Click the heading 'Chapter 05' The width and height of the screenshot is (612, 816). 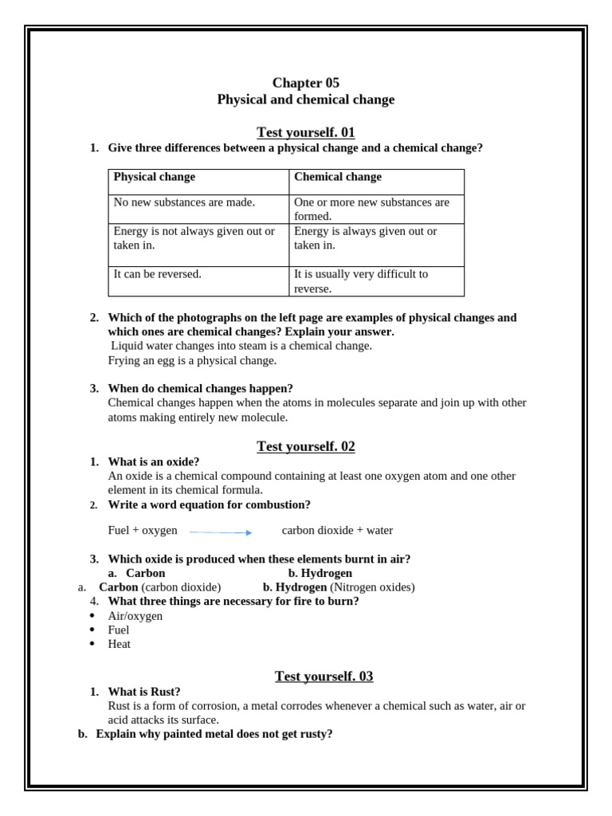pyautogui.click(x=305, y=83)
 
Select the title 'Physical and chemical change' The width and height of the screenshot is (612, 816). pyautogui.click(x=305, y=100)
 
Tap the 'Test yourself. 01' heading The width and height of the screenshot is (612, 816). pyautogui.click(x=305, y=132)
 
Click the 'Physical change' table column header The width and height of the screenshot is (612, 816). pyautogui.click(x=154, y=177)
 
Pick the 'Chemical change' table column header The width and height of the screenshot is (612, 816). pyautogui.click(x=338, y=177)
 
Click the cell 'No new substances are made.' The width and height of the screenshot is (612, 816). pyautogui.click(x=184, y=202)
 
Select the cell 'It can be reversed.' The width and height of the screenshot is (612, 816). pyautogui.click(x=158, y=274)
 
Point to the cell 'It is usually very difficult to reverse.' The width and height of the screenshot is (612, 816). pyautogui.click(x=361, y=281)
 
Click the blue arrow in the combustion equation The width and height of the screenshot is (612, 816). pyautogui.click(x=221, y=532)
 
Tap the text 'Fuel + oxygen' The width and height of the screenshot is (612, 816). pyautogui.click(x=143, y=531)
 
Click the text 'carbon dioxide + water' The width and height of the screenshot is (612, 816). pyautogui.click(x=337, y=531)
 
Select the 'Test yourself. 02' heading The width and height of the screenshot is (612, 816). pyautogui.click(x=305, y=446)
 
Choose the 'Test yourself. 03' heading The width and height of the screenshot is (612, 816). pyautogui.click(x=324, y=677)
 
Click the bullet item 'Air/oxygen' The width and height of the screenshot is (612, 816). pyautogui.click(x=135, y=616)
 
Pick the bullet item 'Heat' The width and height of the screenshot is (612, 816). pyautogui.click(x=119, y=644)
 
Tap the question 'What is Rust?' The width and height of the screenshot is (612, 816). pyautogui.click(x=144, y=692)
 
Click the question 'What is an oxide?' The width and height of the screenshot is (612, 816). pyautogui.click(x=154, y=461)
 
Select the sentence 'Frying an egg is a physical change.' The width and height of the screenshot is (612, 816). pyautogui.click(x=192, y=360)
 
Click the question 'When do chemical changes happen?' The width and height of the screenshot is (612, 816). pyautogui.click(x=200, y=388)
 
